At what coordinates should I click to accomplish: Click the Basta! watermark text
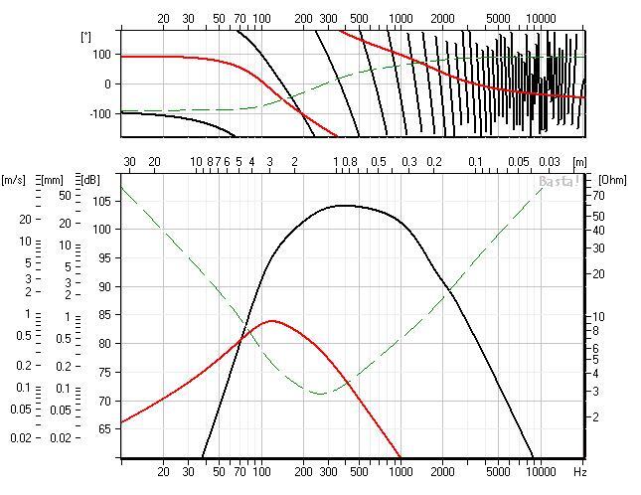click(559, 182)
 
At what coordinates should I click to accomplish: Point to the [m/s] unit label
click(15, 180)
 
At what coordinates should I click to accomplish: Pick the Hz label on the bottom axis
click(580, 472)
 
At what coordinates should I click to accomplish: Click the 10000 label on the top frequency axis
click(540, 19)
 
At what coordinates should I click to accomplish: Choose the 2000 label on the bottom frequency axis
click(442, 472)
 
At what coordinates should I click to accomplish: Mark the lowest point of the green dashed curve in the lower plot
click(321, 393)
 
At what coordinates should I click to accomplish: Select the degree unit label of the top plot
click(85, 37)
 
